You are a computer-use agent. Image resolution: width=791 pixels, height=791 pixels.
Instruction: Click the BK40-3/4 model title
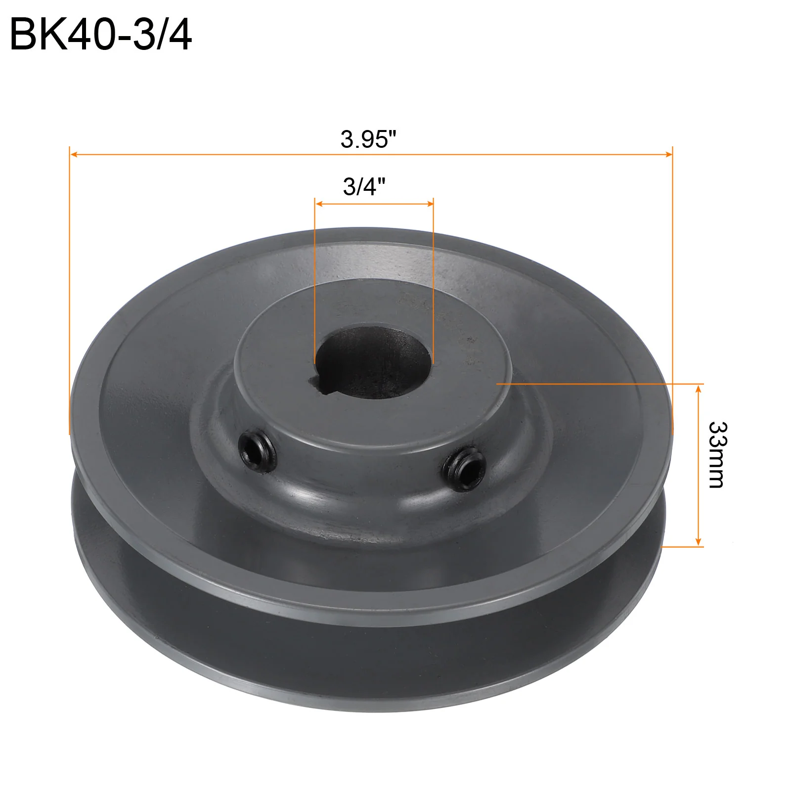[x=100, y=35]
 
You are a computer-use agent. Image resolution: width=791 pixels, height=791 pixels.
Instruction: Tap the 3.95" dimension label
[x=369, y=139]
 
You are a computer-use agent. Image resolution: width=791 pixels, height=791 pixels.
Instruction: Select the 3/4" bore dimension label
[x=364, y=186]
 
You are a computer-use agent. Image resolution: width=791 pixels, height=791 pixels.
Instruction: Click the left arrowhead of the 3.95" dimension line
[x=75, y=155]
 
